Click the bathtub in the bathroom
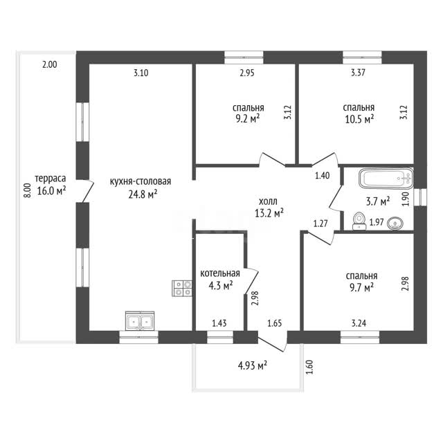pyautogui.click(x=386, y=179)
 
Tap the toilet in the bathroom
pyautogui.click(x=359, y=221)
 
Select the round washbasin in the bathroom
pyautogui.click(x=395, y=224)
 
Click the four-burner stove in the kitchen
pyautogui.click(x=182, y=288)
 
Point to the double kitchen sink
pyautogui.click(x=140, y=320)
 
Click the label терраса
pyautogui.click(x=51, y=179)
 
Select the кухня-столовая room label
pyautogui.click(x=141, y=181)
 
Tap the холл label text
pyautogui.click(x=268, y=201)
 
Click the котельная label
pyautogui.click(x=220, y=273)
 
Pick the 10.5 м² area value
pyautogui.click(x=359, y=119)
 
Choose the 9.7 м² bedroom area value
pyautogui.click(x=361, y=287)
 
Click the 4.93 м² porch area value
pyautogui.click(x=253, y=366)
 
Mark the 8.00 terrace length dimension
pyautogui.click(x=27, y=190)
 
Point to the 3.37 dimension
pyautogui.click(x=359, y=73)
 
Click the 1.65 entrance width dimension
pyautogui.click(x=275, y=323)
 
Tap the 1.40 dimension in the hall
pyautogui.click(x=323, y=175)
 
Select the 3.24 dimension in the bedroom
pyautogui.click(x=359, y=323)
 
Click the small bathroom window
pyautogui.click(x=420, y=197)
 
